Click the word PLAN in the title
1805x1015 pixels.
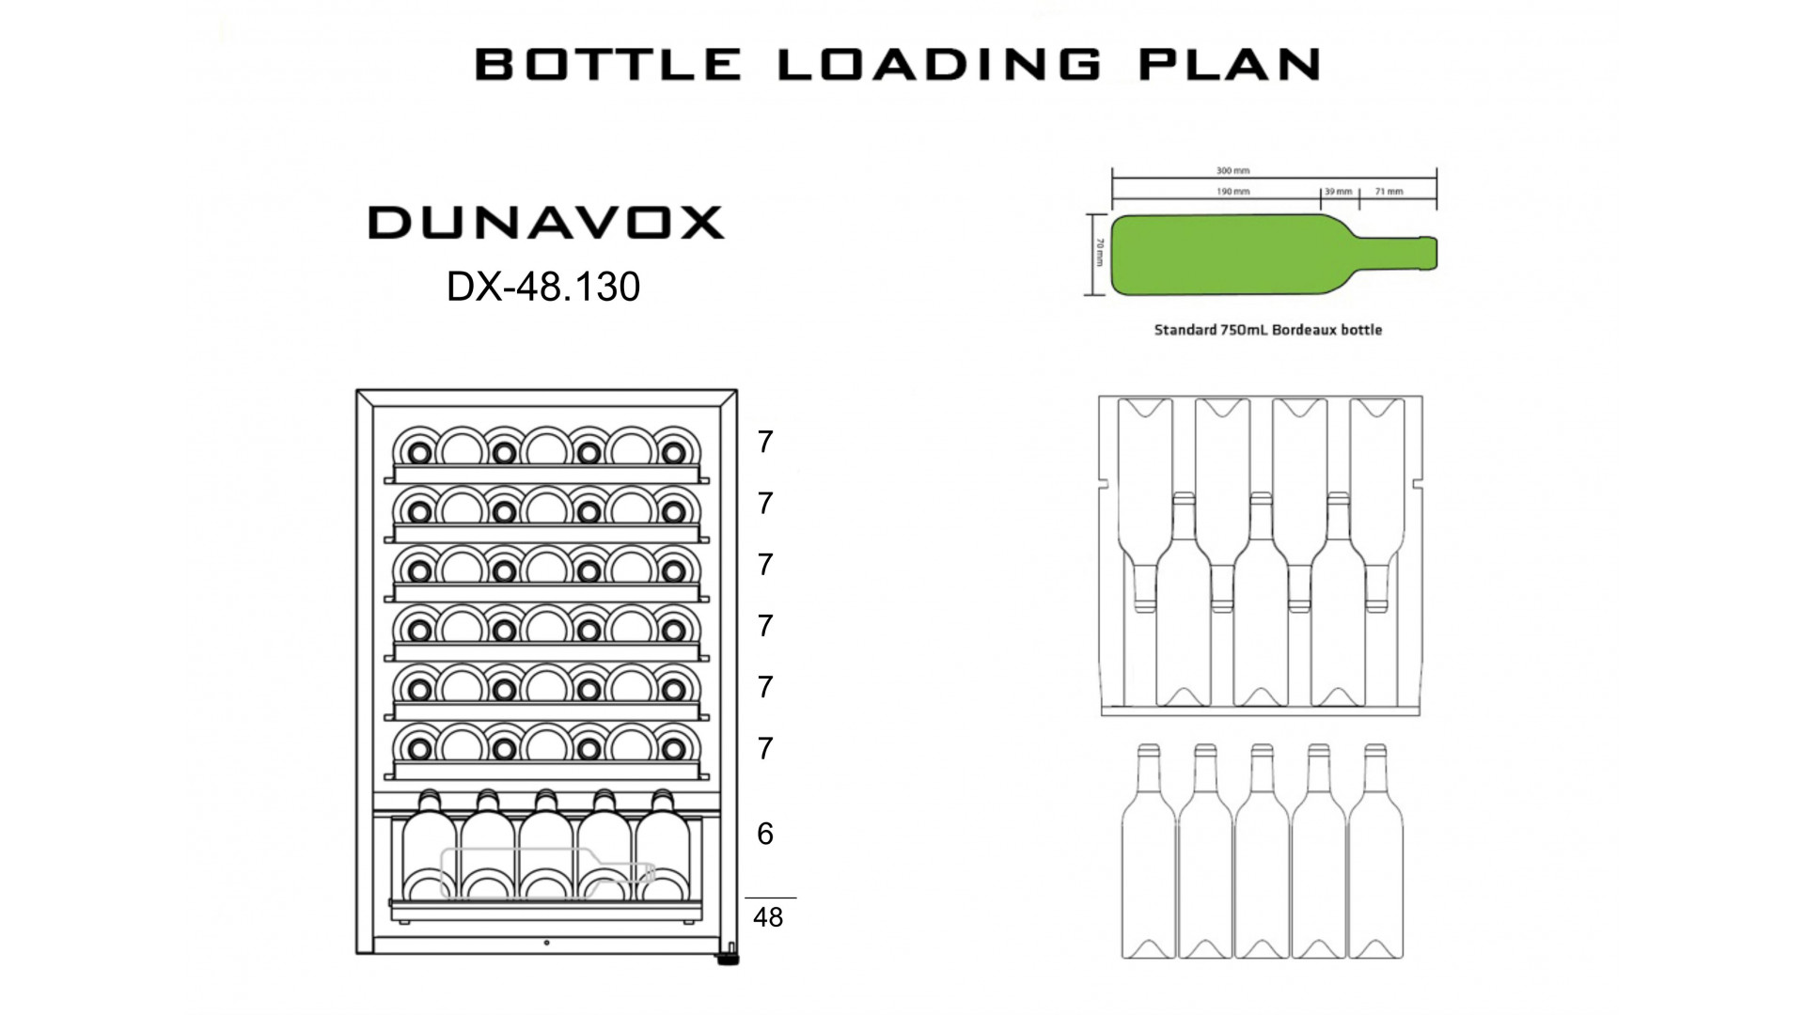pos(1231,64)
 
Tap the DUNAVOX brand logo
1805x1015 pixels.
pos(546,223)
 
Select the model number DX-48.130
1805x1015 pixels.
pos(543,287)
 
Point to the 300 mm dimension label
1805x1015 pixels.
pos(1232,171)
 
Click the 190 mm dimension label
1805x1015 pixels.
pos(1232,192)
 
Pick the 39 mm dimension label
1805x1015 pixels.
pos(1338,192)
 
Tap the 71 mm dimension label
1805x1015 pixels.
pos(1389,192)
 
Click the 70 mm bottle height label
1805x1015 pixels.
pos(1099,252)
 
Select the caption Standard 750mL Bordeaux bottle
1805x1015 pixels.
pos(1268,330)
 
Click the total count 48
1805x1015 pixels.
pos(768,917)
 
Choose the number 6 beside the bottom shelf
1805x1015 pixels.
pos(765,834)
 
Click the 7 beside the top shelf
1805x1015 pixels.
pos(765,442)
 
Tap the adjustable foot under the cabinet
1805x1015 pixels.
pos(728,959)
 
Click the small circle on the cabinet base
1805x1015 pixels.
pos(546,944)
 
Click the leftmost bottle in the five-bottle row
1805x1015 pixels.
pos(1149,851)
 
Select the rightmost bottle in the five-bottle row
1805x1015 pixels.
pos(1375,851)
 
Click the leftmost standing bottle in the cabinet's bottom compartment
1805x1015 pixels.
pos(430,846)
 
